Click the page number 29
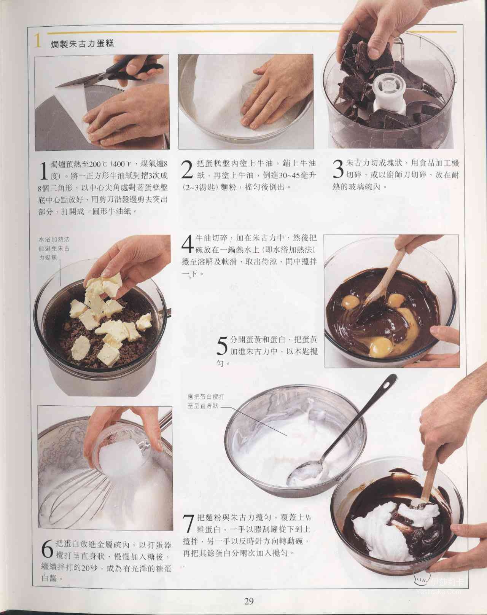249,601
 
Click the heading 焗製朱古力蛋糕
83,43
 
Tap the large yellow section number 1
37,41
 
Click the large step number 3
338,169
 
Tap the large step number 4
188,244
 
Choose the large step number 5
222,346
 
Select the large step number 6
47,549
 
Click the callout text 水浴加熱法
54,239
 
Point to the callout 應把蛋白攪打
206,397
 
